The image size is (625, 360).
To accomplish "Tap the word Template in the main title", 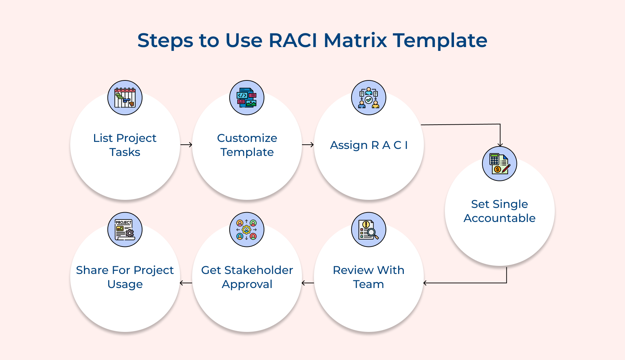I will [440, 40].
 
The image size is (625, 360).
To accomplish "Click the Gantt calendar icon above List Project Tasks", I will [125, 98].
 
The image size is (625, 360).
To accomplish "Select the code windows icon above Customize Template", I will [247, 98].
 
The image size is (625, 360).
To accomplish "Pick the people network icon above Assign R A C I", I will [369, 98].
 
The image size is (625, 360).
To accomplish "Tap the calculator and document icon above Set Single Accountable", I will [500, 164].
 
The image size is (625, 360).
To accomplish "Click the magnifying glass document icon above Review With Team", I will [369, 230].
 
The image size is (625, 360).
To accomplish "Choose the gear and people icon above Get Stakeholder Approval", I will [247, 230].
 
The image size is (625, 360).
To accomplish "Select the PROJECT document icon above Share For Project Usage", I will [125, 230].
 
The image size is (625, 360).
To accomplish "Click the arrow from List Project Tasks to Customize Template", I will [186, 145].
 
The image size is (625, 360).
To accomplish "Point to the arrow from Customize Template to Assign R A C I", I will [308, 145].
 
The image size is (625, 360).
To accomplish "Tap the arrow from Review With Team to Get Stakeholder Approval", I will [308, 283].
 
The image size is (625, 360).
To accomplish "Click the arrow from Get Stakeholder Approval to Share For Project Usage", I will [186, 283].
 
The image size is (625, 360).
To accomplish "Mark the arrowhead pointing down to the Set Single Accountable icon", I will [500, 144].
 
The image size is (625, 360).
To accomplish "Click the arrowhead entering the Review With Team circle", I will [425, 283].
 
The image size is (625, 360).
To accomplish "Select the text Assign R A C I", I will [369, 145].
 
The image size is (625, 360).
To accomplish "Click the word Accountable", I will [500, 218].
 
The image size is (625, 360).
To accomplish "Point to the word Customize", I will [247, 138].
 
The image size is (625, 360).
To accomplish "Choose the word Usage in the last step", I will [125, 284].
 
